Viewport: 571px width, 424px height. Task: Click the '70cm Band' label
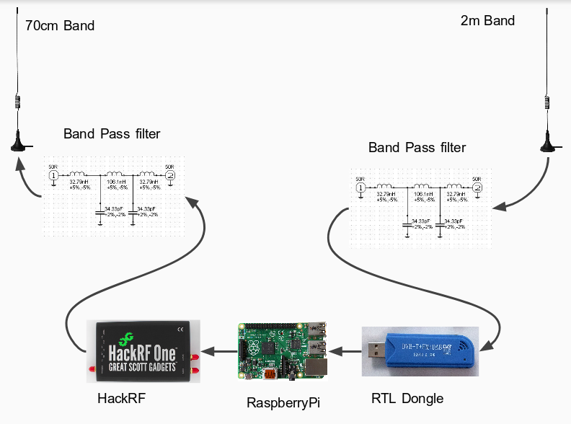point(60,26)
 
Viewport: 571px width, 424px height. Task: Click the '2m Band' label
point(487,20)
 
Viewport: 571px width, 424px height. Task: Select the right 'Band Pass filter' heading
point(417,147)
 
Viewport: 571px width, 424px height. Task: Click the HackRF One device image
point(143,350)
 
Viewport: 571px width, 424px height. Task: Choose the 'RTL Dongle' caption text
point(407,398)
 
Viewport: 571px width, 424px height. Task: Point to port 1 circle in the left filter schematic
point(53,175)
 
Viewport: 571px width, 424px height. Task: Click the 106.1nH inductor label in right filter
point(423,195)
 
